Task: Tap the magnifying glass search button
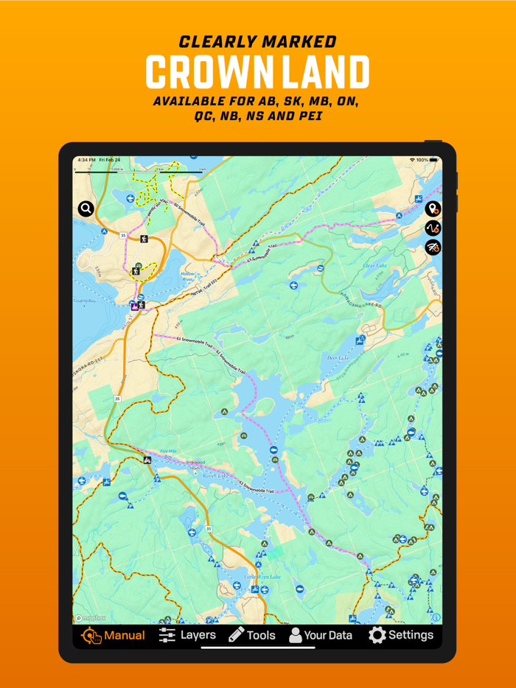tap(86, 208)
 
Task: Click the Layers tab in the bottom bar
tap(187, 635)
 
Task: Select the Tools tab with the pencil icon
tap(251, 635)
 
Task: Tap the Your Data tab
tap(320, 635)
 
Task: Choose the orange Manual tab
tap(114, 635)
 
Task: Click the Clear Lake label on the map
tap(374, 266)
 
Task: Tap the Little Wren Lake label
tap(263, 576)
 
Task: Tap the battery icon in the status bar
tap(434, 160)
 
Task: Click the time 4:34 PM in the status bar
tap(86, 160)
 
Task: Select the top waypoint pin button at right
tap(433, 209)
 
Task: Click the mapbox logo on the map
tap(89, 618)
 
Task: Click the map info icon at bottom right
tap(436, 617)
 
